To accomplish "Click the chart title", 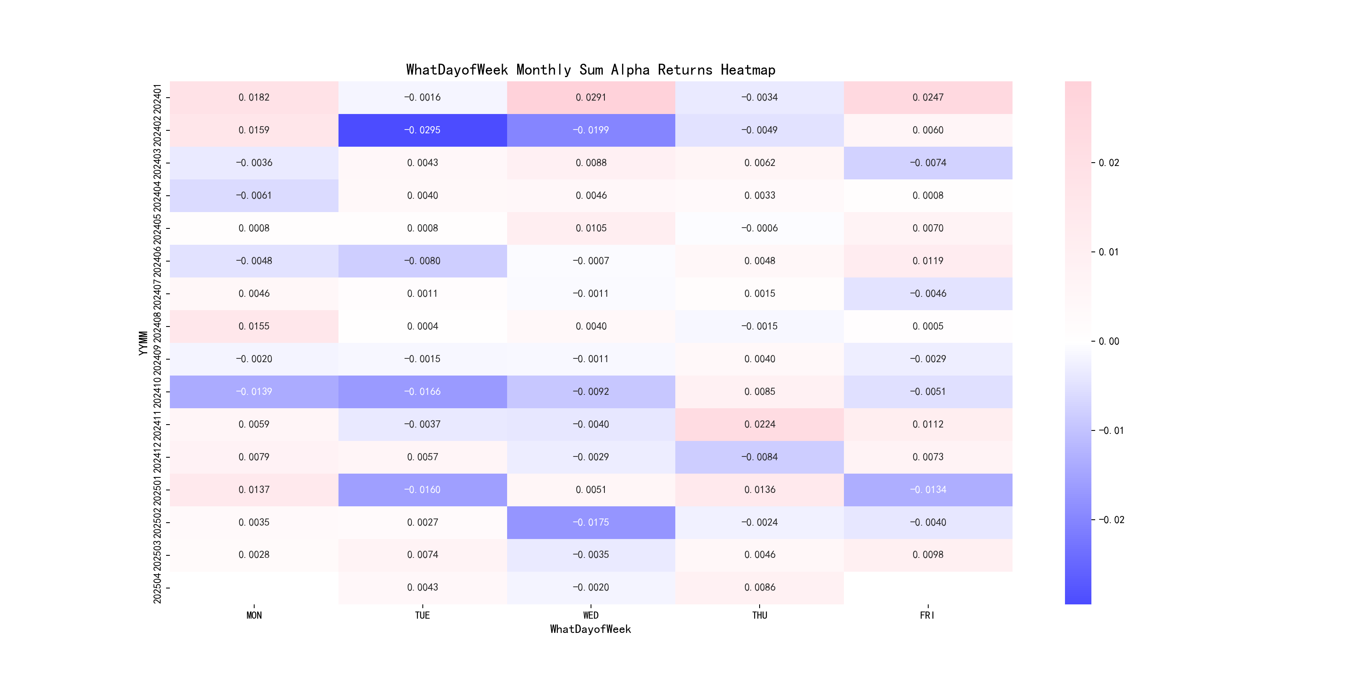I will [590, 70].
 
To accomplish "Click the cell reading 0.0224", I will [760, 424].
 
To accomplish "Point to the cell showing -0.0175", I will [591, 522].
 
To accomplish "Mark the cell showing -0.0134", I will [928, 490].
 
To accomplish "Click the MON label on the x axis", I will [254, 615].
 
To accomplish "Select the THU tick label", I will [760, 615].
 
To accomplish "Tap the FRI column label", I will [927, 615].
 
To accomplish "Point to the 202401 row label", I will [157, 98].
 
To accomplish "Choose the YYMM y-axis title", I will [143, 343].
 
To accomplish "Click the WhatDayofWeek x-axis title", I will [590, 629].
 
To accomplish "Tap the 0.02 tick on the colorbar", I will [1109, 163].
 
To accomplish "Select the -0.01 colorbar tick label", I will [1111, 431].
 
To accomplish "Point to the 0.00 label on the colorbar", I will [1109, 342].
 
